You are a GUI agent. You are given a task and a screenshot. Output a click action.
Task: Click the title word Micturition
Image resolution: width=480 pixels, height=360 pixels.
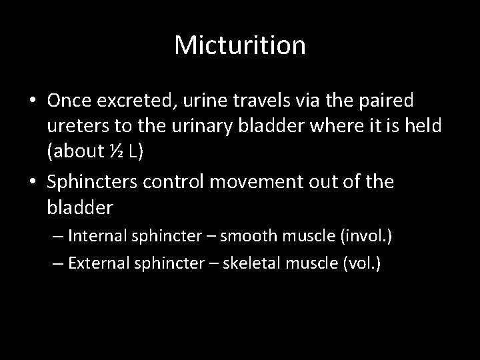[240, 45]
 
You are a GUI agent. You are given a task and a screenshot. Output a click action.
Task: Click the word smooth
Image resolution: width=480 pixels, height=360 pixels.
[245, 235]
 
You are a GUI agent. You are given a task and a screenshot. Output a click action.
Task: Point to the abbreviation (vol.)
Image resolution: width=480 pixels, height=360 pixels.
[360, 263]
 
